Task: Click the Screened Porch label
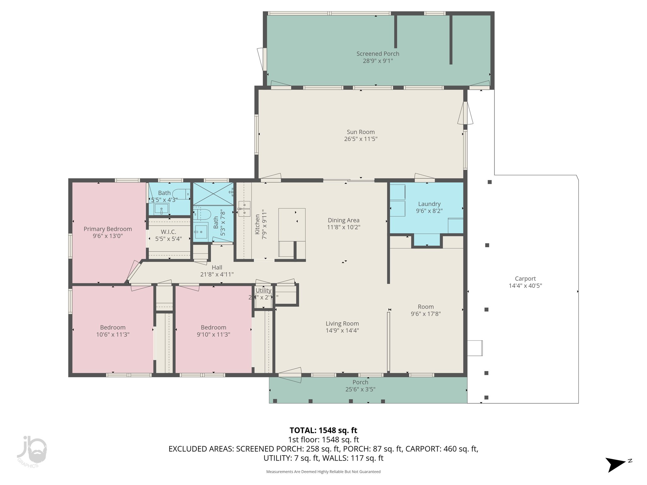[x=378, y=54]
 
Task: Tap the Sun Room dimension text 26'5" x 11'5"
[x=360, y=139]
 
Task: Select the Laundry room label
[x=429, y=204]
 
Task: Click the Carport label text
[x=525, y=278]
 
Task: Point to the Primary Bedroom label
[x=107, y=229]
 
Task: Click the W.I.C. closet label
[x=168, y=232]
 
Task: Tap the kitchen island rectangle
[x=292, y=224]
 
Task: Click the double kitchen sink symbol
[x=244, y=209]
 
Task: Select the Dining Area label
[x=343, y=220]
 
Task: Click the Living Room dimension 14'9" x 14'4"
[x=342, y=331]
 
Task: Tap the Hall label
[x=217, y=267]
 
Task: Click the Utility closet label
[x=263, y=290]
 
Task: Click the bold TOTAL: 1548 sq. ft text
[x=323, y=430]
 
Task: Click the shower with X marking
[x=213, y=194]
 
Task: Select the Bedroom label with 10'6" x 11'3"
[x=113, y=327]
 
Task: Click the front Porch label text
[x=360, y=382]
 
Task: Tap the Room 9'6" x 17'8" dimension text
[x=426, y=314]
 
